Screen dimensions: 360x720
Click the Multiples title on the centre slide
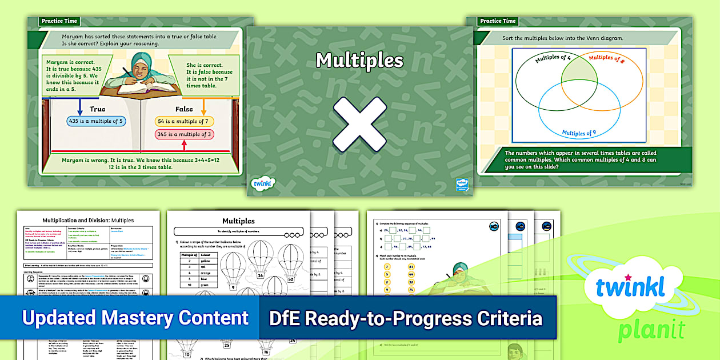pyautogui.click(x=359, y=60)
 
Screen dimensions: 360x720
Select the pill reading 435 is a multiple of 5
pyautogui.click(x=96, y=121)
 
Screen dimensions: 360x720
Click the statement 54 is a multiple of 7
pyautogui.click(x=184, y=121)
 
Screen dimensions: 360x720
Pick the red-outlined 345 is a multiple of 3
pyautogui.click(x=184, y=135)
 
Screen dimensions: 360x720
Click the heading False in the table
pyautogui.click(x=183, y=109)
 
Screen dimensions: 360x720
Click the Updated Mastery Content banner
pyautogui.click(x=135, y=318)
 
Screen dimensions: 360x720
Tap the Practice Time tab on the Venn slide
pyautogui.click(x=498, y=21)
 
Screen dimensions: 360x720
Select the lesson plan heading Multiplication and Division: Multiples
pyautogui.click(x=88, y=220)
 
